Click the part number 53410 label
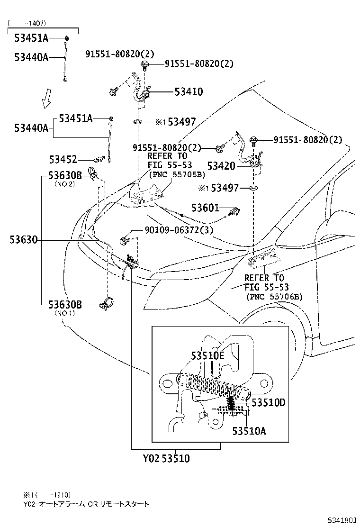click(189, 92)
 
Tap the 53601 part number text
click(205, 208)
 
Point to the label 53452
click(63, 160)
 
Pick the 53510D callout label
click(269, 402)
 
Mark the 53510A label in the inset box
click(249, 430)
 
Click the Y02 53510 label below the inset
click(166, 459)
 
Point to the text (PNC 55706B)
click(274, 297)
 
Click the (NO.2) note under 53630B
click(64, 184)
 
